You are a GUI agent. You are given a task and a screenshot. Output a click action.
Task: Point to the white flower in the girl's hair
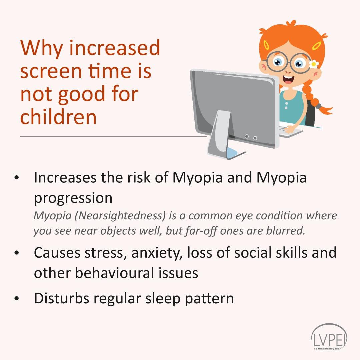coord(314,64)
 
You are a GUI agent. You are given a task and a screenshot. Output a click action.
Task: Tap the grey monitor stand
coord(219,133)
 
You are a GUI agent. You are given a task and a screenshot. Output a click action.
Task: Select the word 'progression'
coord(73,198)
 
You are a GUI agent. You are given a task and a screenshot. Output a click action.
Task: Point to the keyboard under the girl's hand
coord(291,130)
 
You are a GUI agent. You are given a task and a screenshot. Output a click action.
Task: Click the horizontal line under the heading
coord(113,137)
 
